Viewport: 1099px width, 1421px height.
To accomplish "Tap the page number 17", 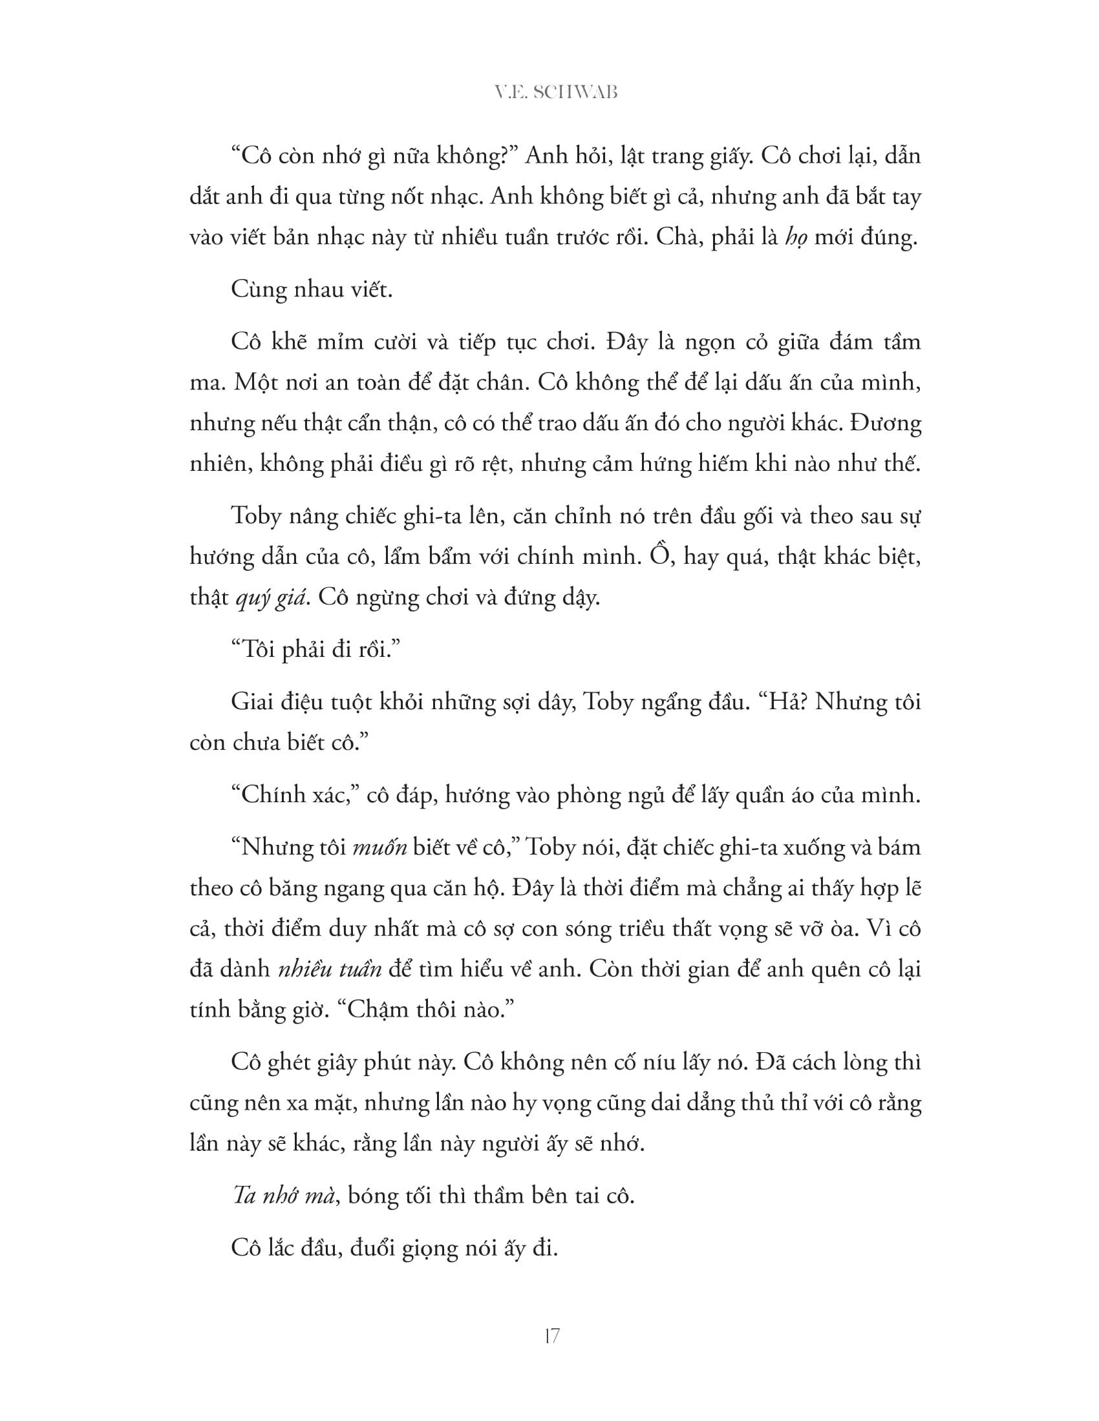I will [551, 1336].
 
